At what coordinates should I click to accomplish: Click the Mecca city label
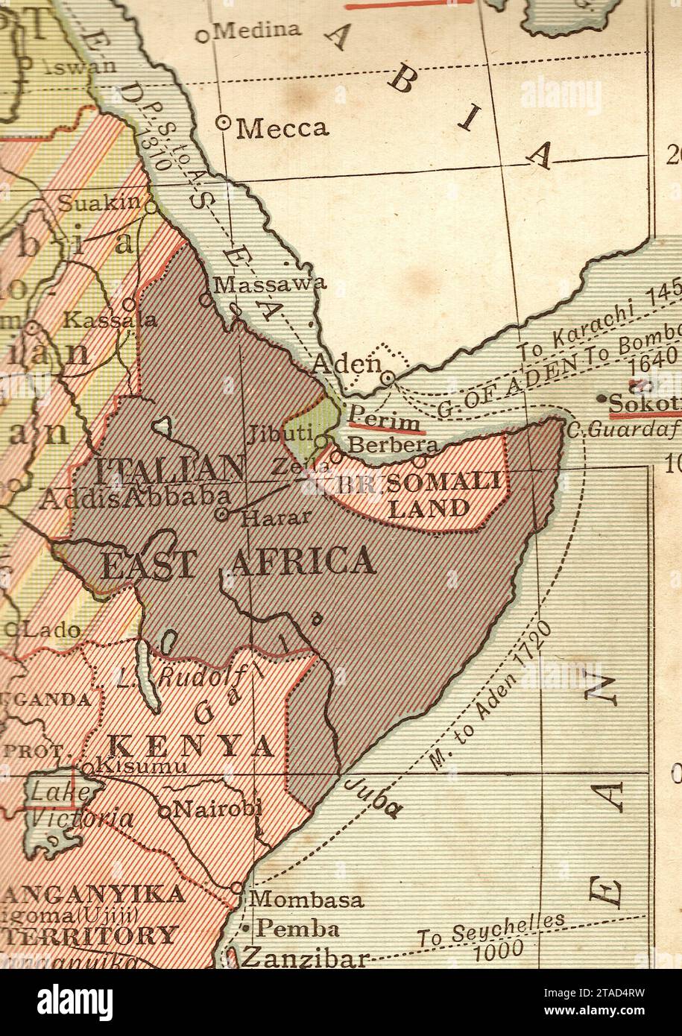point(282,129)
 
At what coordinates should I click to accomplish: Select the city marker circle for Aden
point(387,379)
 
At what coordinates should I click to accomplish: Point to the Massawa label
point(269,284)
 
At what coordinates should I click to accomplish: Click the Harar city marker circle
point(221,514)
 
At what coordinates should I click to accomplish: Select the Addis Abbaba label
point(125,498)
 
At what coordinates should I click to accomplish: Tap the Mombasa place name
point(306,900)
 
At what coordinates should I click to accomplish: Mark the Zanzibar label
point(306,957)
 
